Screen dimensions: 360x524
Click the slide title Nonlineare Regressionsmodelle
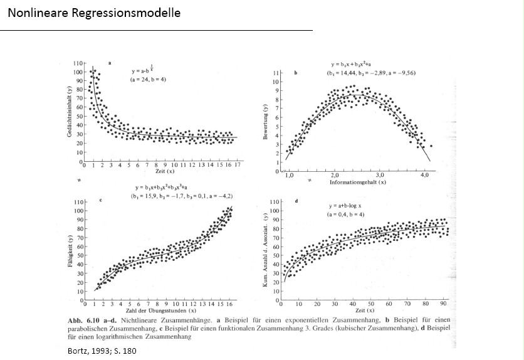pyautogui.click(x=94, y=13)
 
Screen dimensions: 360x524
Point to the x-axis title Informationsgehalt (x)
pyautogui.click(x=357, y=182)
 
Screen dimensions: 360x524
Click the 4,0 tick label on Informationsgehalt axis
pyautogui.click(x=424, y=175)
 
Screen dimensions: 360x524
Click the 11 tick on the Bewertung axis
pyautogui.click(x=276, y=74)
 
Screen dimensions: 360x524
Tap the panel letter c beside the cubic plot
pyautogui.click(x=101, y=201)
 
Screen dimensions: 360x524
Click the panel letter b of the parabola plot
pyautogui.click(x=295, y=73)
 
